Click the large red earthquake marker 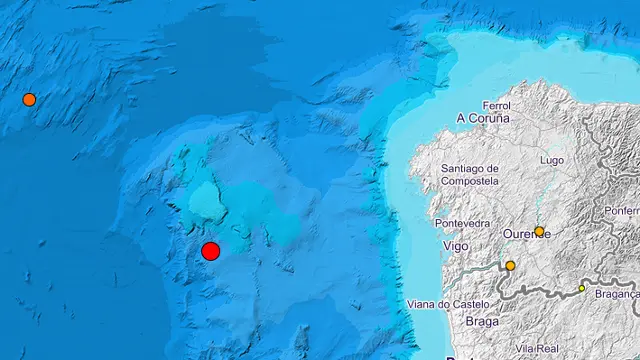(x=210, y=251)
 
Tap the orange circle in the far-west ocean (x=29, y=99)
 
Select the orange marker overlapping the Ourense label (x=539, y=231)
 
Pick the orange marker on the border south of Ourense (x=510, y=266)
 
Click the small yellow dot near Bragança (x=582, y=288)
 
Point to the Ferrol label (x=496, y=105)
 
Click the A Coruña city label (x=483, y=118)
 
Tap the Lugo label (x=552, y=160)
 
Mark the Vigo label (x=454, y=246)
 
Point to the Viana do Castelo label (x=450, y=304)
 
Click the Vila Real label (x=538, y=348)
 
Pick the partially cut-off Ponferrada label (x=621, y=211)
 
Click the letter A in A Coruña (x=461, y=118)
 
